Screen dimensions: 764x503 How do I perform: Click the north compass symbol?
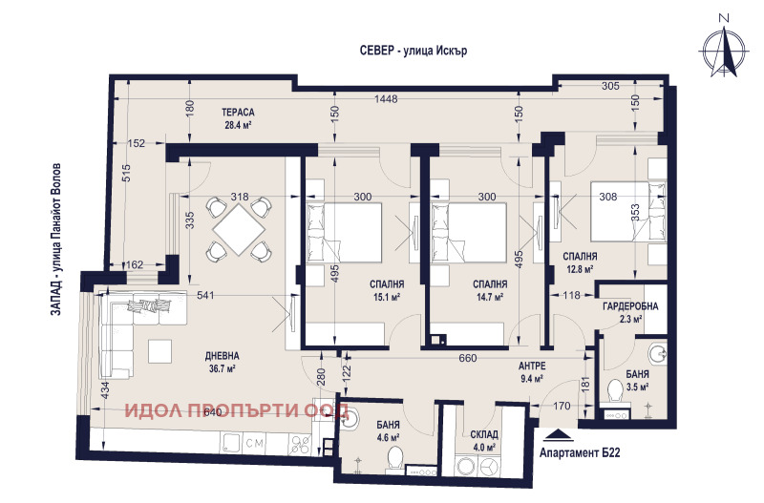[724, 49]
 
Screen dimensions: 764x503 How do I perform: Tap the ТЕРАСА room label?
[238, 113]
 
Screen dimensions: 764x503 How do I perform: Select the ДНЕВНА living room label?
[223, 357]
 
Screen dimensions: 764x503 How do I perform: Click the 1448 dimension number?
[386, 99]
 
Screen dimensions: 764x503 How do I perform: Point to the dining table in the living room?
[240, 229]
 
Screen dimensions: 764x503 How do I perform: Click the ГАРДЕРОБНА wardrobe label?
[630, 306]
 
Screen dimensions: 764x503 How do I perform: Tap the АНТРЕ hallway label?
[532, 366]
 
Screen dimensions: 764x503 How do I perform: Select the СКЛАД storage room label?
[484, 434]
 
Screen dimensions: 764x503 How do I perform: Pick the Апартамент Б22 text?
[580, 452]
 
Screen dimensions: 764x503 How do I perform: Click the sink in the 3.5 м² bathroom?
[659, 354]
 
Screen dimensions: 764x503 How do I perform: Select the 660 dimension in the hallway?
[467, 358]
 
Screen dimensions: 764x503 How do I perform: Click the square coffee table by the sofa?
[159, 351]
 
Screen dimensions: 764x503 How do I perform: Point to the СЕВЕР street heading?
[414, 51]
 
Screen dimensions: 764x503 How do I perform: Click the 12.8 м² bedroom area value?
[579, 269]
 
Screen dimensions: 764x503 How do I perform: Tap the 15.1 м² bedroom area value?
[387, 297]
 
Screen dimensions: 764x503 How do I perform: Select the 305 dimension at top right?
[610, 86]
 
